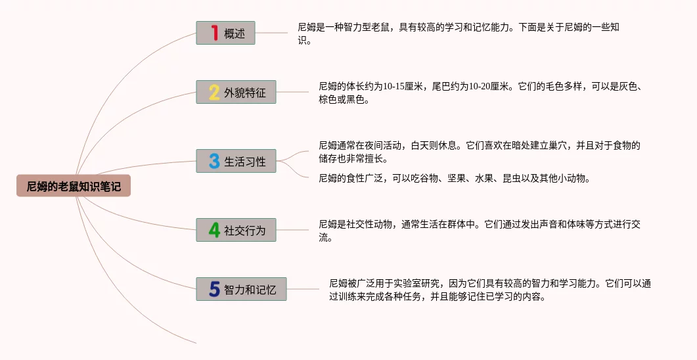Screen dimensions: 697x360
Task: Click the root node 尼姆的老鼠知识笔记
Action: pyautogui.click(x=74, y=187)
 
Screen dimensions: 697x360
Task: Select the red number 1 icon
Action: pyautogui.click(x=214, y=33)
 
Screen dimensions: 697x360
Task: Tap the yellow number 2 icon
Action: pyautogui.click(x=214, y=92)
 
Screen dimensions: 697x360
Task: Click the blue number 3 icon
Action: pyautogui.click(x=214, y=161)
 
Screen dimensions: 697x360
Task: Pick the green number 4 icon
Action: pyautogui.click(x=214, y=230)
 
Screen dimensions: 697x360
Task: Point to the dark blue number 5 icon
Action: pyautogui.click(x=214, y=289)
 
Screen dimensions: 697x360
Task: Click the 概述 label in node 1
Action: pyautogui.click(x=235, y=34)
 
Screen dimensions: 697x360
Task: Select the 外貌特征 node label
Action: pyautogui.click(x=245, y=93)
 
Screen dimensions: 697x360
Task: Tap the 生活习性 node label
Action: pyautogui.click(x=245, y=162)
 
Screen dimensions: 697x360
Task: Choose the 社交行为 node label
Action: pyautogui.click(x=245, y=231)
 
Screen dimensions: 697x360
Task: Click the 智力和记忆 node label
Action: pyautogui.click(x=250, y=290)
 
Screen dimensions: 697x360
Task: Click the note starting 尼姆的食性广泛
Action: pyautogui.click(x=454, y=178)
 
